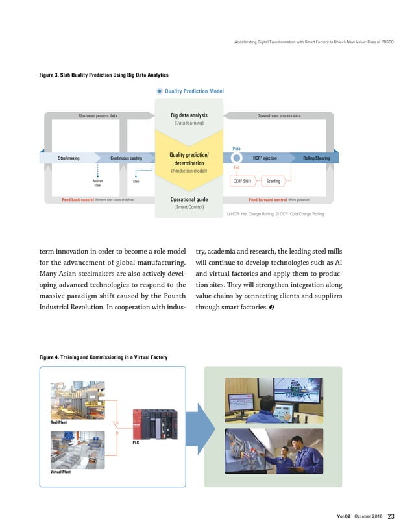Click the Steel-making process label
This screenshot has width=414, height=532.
(x=69, y=158)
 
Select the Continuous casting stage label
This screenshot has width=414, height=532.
(x=126, y=158)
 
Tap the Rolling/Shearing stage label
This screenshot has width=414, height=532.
(x=316, y=158)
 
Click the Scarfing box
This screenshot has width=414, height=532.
(x=273, y=181)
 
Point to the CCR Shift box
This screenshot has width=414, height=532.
(x=241, y=181)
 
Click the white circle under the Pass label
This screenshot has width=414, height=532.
(x=237, y=158)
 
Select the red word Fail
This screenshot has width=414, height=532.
(x=236, y=169)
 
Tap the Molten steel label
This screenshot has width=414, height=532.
(x=98, y=182)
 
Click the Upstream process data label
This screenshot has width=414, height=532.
(x=98, y=116)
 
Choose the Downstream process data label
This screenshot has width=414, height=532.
(x=278, y=116)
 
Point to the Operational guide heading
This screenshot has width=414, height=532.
(x=189, y=199)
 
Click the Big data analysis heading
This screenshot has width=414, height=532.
(x=189, y=115)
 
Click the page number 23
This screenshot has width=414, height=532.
(x=391, y=516)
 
